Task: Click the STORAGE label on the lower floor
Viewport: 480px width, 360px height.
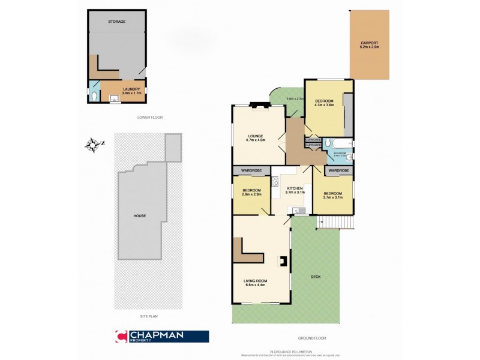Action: [117, 22]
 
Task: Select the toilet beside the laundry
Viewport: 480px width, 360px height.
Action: [95, 95]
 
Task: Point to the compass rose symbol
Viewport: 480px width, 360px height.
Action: [92, 144]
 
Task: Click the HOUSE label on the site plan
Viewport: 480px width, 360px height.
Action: [140, 216]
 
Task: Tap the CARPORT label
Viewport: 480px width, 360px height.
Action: [369, 44]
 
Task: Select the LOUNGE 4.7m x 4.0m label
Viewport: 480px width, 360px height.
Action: [255, 137]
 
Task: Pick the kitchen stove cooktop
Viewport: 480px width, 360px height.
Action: [275, 181]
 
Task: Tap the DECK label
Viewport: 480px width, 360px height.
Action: [316, 277]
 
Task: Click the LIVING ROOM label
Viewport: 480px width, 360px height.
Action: [255, 283]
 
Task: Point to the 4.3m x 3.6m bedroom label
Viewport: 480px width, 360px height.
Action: [324, 103]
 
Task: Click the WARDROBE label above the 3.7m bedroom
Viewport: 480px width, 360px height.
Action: [338, 171]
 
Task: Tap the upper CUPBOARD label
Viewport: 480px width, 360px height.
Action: [313, 139]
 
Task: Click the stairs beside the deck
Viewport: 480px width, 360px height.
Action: [336, 223]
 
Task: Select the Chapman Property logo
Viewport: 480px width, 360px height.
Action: [161, 337]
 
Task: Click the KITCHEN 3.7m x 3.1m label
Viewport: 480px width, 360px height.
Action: [295, 190]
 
